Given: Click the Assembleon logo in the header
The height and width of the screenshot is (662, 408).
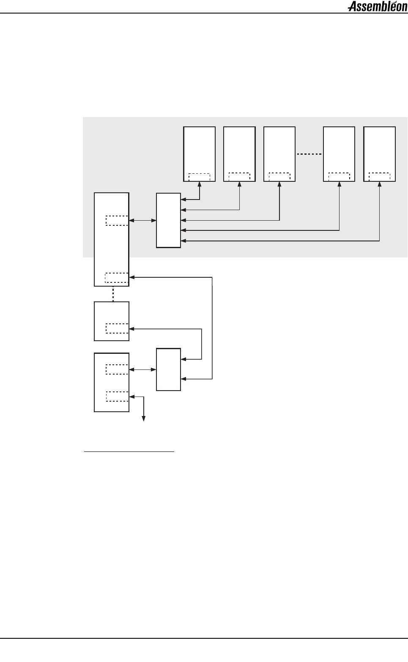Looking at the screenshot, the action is [x=377, y=7].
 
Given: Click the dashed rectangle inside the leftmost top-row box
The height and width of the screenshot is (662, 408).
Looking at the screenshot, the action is [x=199, y=176].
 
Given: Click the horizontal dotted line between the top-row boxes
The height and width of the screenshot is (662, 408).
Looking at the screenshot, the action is [x=309, y=154].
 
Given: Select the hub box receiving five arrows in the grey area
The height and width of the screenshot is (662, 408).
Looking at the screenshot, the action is [x=168, y=220].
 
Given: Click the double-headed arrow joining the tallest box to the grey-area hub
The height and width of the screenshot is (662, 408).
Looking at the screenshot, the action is [x=142, y=220].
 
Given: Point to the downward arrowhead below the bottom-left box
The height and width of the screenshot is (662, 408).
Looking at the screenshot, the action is [x=144, y=419].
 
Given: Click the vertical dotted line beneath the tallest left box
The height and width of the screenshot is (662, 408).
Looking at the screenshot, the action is [x=113, y=294].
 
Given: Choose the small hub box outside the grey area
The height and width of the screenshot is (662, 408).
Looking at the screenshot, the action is [x=168, y=369].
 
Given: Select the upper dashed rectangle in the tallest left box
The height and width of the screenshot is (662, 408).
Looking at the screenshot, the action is [x=117, y=220].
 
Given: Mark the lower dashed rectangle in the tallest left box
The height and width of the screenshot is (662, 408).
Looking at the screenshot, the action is [x=117, y=277].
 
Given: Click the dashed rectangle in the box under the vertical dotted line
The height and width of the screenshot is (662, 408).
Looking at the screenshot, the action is [x=117, y=328].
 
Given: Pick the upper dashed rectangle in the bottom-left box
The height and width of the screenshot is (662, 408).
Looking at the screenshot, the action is [x=117, y=369].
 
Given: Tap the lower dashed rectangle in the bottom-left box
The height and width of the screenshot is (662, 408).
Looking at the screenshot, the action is [x=117, y=397].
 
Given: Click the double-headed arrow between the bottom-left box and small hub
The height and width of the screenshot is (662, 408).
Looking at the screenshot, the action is [x=142, y=369].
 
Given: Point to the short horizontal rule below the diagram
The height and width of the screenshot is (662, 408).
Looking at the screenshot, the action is [x=129, y=451].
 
